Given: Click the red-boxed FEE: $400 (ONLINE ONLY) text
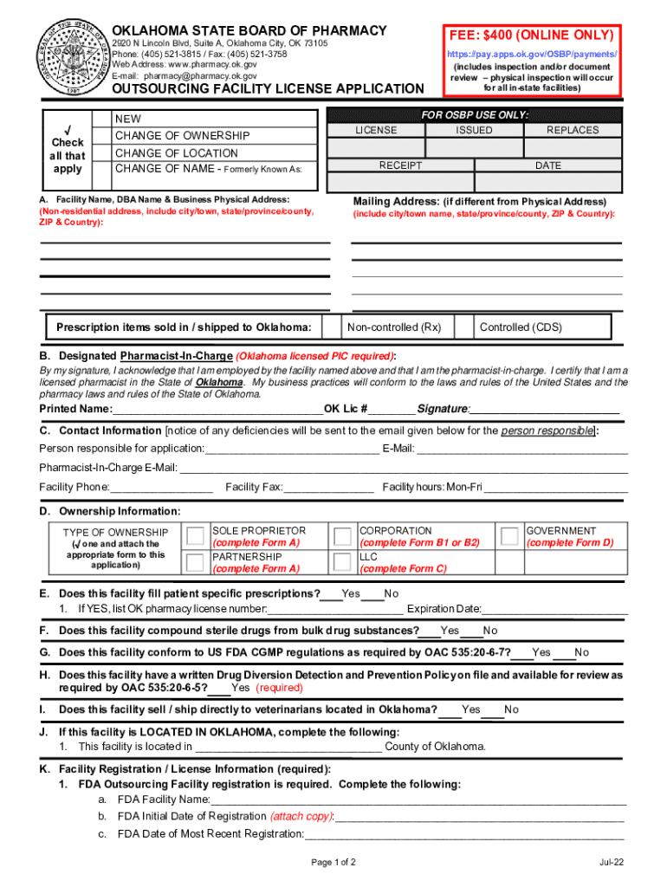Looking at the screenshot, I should pyautogui.click(x=532, y=36).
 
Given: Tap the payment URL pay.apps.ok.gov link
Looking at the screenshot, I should pyautogui.click(x=532, y=55).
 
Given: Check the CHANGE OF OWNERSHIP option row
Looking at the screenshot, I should pyautogui.click(x=182, y=136).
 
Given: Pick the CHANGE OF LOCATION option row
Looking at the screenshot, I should pyautogui.click(x=176, y=153).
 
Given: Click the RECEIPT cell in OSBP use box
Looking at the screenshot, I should pyautogui.click(x=400, y=165).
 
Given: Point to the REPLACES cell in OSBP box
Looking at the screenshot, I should pyautogui.click(x=573, y=130).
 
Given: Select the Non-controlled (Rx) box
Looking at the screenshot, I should pyautogui.click(x=394, y=327).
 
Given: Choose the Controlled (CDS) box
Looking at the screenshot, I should pyautogui.click(x=520, y=327).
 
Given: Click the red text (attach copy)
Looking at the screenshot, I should pyautogui.click(x=301, y=816).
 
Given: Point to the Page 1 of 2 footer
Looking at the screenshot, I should pyautogui.click(x=333, y=863).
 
